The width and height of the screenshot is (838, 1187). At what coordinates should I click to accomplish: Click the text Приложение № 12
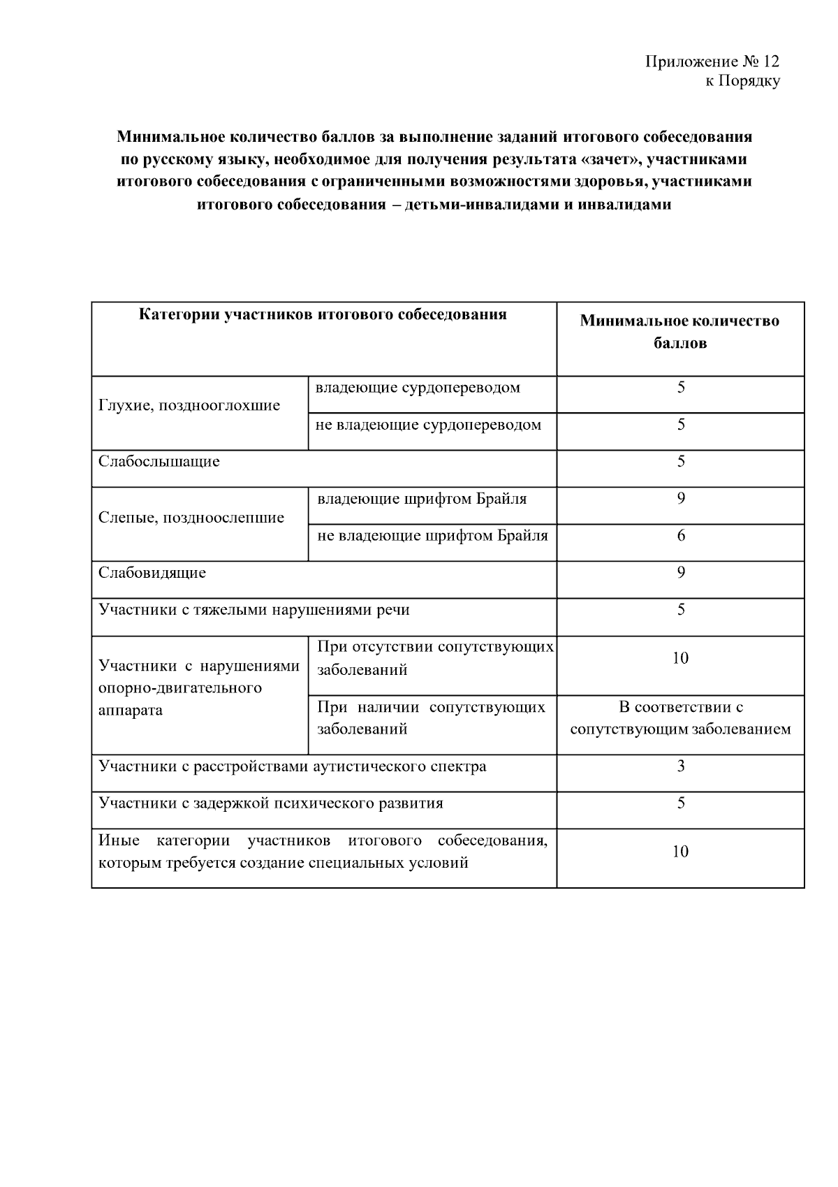[x=712, y=61]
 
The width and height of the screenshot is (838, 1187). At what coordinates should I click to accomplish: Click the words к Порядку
[x=742, y=82]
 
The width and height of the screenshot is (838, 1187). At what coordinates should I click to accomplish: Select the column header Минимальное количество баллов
[x=679, y=332]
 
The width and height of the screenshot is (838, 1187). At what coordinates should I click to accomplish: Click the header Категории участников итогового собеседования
[x=323, y=314]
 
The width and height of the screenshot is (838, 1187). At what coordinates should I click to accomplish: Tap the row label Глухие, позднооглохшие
[x=189, y=406]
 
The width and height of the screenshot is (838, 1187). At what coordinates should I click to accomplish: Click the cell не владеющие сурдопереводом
[x=428, y=425]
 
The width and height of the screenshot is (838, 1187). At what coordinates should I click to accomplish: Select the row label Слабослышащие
[x=159, y=462]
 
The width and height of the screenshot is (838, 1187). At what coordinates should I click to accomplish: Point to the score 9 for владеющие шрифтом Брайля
[x=681, y=498]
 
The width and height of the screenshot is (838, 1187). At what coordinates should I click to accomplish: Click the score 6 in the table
[x=681, y=536]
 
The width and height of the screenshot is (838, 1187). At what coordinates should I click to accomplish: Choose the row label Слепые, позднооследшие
[x=191, y=518]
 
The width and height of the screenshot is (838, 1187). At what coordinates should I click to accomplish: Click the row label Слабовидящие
[x=152, y=573]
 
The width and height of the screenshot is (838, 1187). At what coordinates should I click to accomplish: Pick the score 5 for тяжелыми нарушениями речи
[x=681, y=610]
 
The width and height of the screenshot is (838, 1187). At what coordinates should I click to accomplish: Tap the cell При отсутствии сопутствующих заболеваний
[x=434, y=658]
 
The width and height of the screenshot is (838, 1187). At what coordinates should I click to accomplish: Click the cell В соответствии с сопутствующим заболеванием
[x=680, y=718]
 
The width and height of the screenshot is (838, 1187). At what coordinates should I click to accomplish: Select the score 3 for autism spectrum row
[x=681, y=766]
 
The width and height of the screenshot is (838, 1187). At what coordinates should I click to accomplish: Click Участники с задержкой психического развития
[x=271, y=803]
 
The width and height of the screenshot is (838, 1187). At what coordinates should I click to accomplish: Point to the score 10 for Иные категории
[x=680, y=852]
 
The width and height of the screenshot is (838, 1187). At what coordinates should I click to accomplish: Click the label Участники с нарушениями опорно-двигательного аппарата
[x=199, y=688]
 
